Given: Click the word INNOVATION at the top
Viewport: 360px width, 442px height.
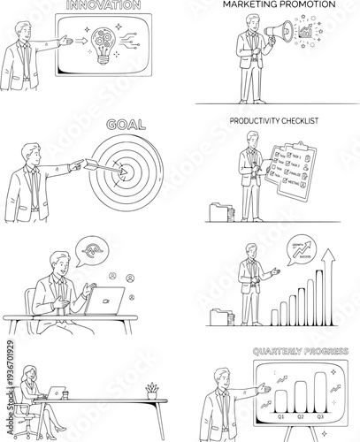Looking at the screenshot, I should click(x=104, y=4).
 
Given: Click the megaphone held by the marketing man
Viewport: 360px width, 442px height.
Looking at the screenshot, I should click(x=274, y=35).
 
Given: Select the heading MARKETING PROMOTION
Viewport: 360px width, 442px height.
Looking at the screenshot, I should click(x=279, y=4).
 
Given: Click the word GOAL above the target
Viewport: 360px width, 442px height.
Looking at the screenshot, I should click(x=125, y=126).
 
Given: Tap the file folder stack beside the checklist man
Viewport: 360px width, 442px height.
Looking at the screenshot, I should click(x=220, y=212).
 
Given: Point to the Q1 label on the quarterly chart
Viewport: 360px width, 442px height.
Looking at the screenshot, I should click(x=280, y=416).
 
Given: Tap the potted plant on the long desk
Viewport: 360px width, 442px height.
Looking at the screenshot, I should click(x=153, y=390).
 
